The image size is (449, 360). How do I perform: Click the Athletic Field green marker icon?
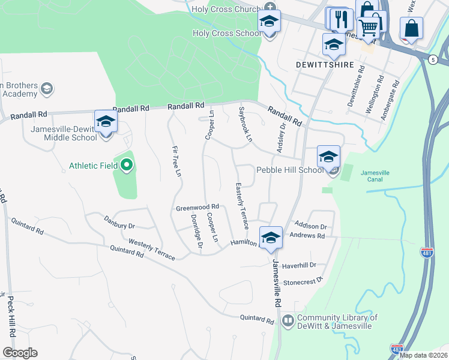(126, 165)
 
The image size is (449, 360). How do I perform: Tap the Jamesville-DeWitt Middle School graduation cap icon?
(106, 122)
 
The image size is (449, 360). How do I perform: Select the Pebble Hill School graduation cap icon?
(328, 157)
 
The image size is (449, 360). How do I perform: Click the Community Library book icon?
(288, 322)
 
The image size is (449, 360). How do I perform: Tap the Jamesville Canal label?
(375, 176)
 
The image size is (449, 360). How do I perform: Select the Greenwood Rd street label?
(197, 208)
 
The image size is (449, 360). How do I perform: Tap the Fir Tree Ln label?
(176, 162)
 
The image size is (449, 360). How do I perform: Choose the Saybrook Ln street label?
(244, 125)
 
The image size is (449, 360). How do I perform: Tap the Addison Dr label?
(310, 227)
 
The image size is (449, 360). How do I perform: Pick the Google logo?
(20, 353)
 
